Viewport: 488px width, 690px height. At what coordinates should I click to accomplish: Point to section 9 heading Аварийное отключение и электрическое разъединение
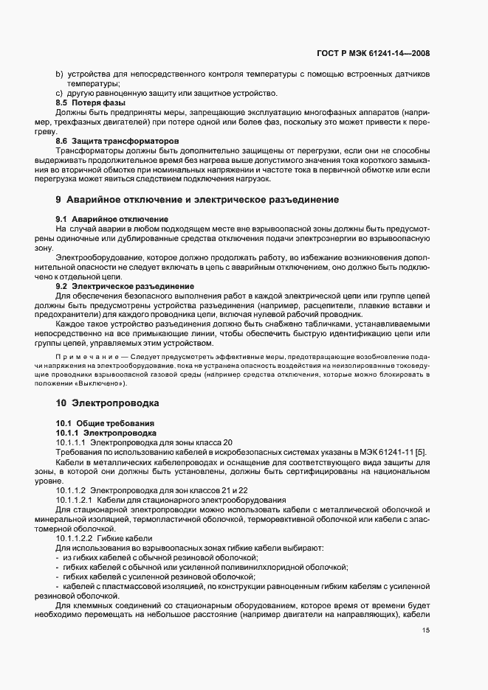coord(197,200)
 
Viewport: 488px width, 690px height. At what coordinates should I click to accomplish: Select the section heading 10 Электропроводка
coord(108,403)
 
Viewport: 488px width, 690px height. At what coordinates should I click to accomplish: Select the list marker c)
coord(59,93)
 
